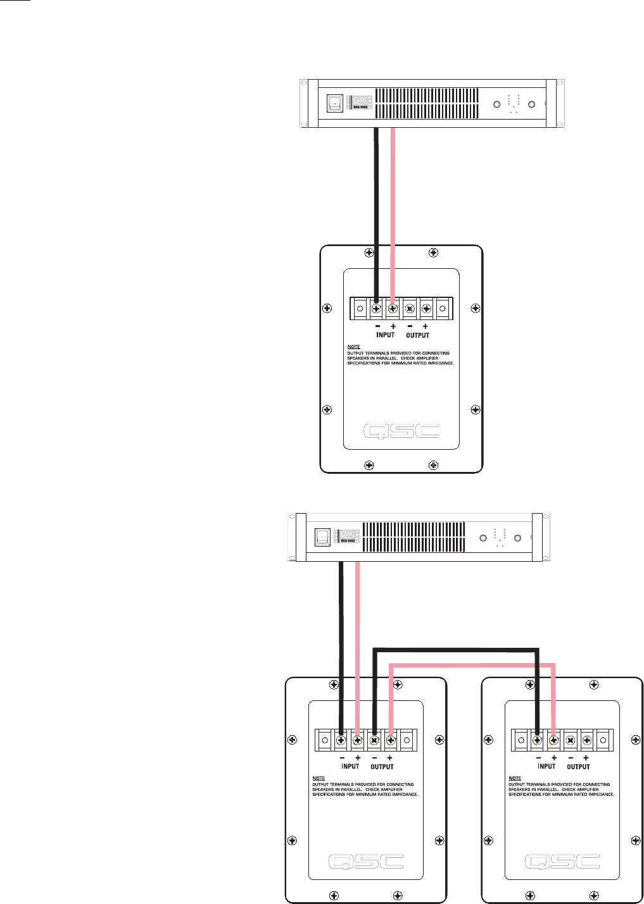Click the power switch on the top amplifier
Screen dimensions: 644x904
[x=334, y=104]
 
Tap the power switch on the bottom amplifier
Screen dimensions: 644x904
[x=322, y=537]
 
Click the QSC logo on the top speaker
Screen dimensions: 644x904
[x=401, y=431]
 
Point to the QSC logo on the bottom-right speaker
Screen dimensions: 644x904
[x=562, y=862]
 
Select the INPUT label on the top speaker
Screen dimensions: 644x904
[x=385, y=335]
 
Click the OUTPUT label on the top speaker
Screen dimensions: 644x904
[x=417, y=335]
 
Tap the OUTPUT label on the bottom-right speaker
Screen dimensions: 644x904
[x=578, y=766]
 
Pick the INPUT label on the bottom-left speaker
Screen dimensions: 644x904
[x=350, y=766]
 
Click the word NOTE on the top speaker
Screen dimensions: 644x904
[x=353, y=347]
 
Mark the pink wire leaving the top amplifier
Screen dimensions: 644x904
[x=393, y=190]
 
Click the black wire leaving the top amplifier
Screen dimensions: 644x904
[x=377, y=190]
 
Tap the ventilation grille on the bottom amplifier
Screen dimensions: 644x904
[x=414, y=537]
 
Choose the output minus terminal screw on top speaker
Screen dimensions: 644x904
[x=410, y=309]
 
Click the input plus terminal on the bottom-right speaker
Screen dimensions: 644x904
[x=554, y=739]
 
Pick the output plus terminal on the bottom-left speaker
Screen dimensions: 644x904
[x=391, y=739]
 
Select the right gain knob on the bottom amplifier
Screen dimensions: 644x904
[x=518, y=538]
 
